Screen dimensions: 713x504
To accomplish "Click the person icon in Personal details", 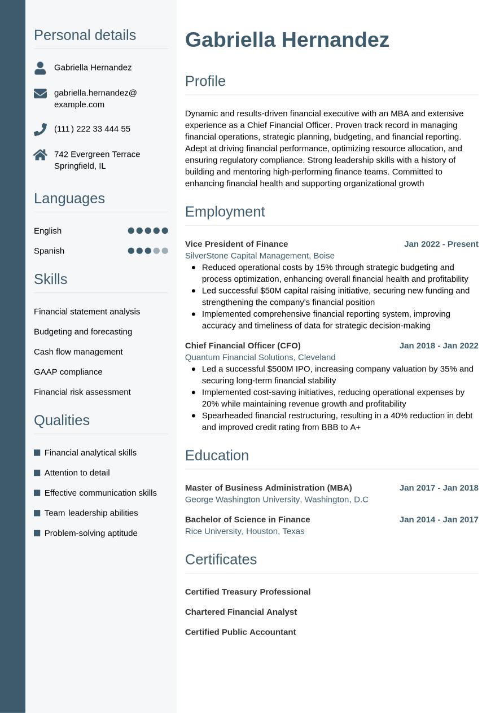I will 40,68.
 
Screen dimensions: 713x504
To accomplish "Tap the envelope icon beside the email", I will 40,93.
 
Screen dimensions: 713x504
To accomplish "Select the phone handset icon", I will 40,129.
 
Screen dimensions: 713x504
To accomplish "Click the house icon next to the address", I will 40,155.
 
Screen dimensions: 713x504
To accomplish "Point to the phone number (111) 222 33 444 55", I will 92,129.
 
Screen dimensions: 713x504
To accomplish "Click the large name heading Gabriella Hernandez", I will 287,40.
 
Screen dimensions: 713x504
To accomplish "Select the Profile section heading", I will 205,81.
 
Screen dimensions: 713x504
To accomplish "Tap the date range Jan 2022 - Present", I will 441,244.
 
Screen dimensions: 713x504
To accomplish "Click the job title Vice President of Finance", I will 236,244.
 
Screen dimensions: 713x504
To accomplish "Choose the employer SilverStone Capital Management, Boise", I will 260,256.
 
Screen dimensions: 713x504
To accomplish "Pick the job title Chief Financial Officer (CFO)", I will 243,345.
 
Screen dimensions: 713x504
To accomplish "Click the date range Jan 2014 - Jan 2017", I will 439,519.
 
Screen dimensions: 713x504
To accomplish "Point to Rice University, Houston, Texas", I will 244,531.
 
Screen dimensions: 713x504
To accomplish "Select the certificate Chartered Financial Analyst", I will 240,612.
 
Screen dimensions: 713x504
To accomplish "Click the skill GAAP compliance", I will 68,371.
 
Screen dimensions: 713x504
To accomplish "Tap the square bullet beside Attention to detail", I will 37,473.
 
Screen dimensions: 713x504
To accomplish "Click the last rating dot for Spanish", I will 165,251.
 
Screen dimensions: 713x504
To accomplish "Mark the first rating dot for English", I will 131,230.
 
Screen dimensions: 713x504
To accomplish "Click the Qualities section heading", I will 62,421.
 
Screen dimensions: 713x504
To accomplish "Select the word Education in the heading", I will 217,456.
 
